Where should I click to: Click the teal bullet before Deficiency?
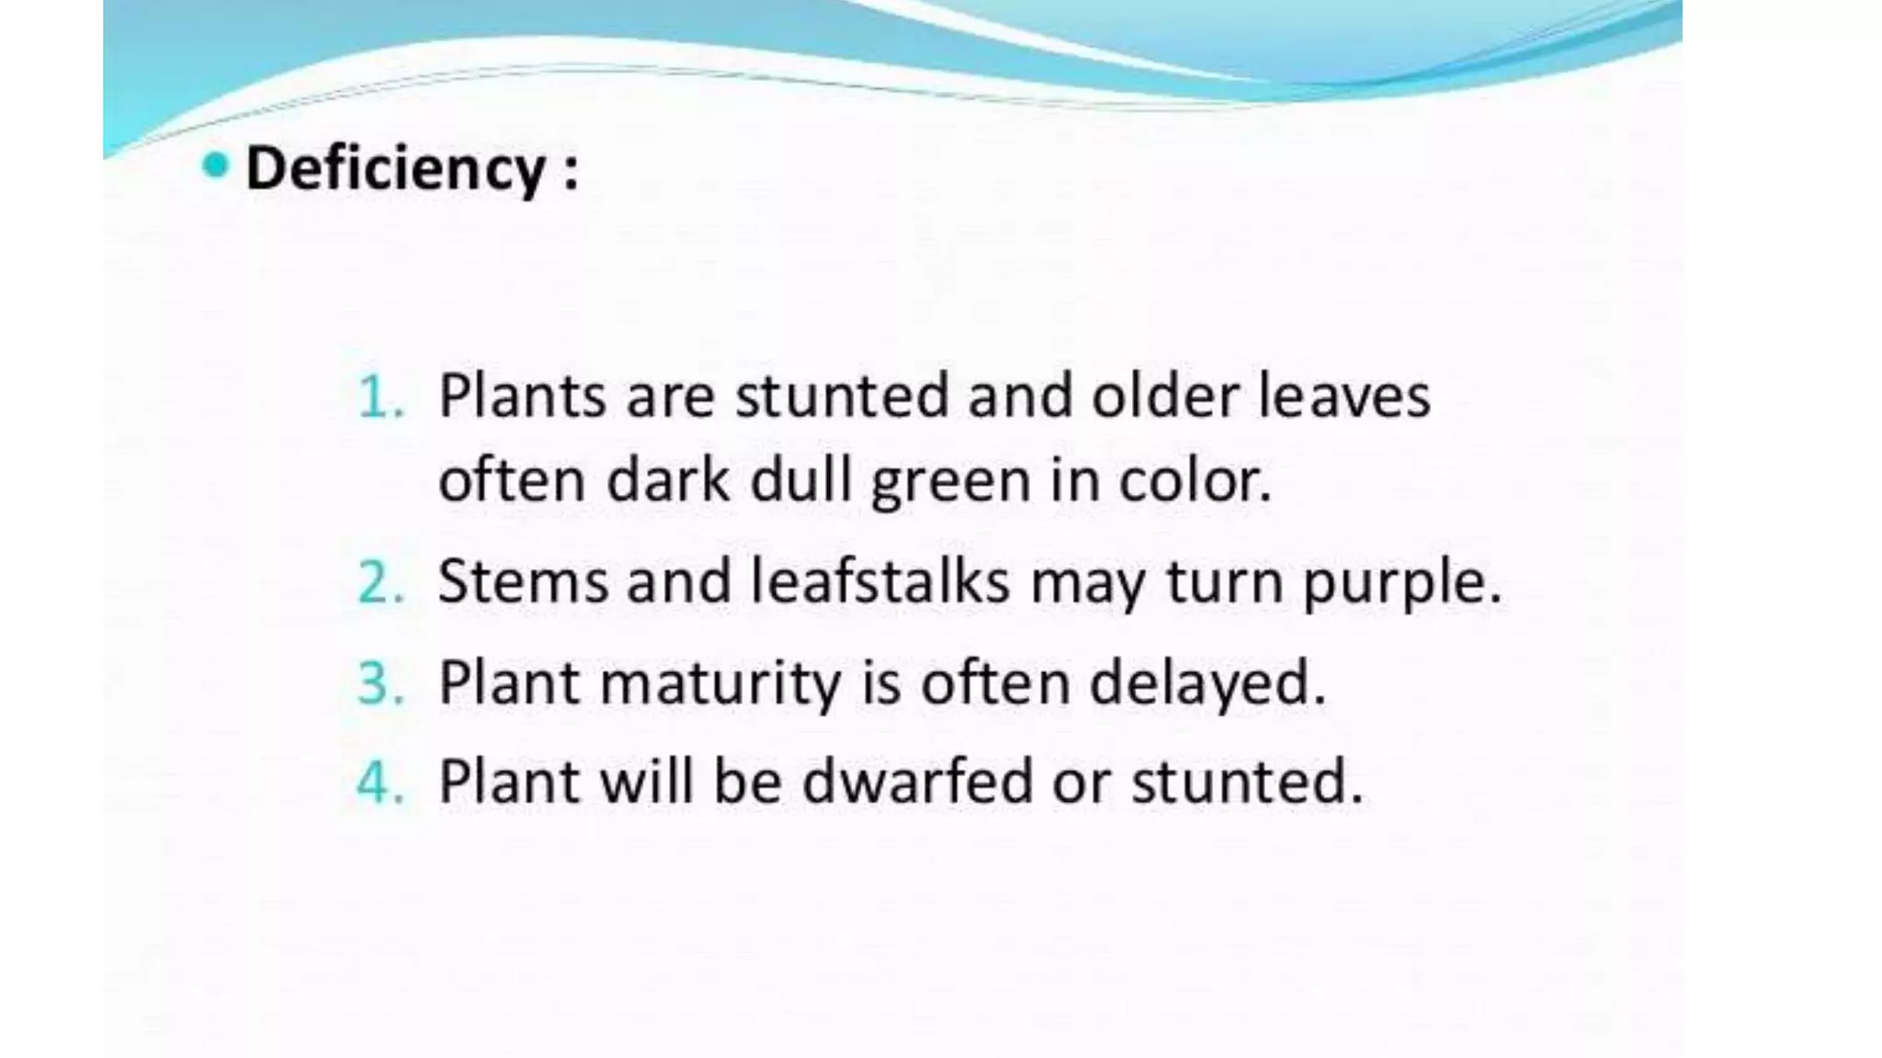[x=215, y=166]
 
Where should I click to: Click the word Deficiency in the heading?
[x=396, y=170]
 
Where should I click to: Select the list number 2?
[x=379, y=582]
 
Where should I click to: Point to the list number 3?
[x=379, y=683]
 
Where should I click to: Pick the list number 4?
[x=379, y=782]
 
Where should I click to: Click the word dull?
[x=802, y=479]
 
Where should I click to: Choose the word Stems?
[x=523, y=581]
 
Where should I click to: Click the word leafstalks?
[x=880, y=581]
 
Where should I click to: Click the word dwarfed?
[x=918, y=782]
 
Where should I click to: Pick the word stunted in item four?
[x=1246, y=782]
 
